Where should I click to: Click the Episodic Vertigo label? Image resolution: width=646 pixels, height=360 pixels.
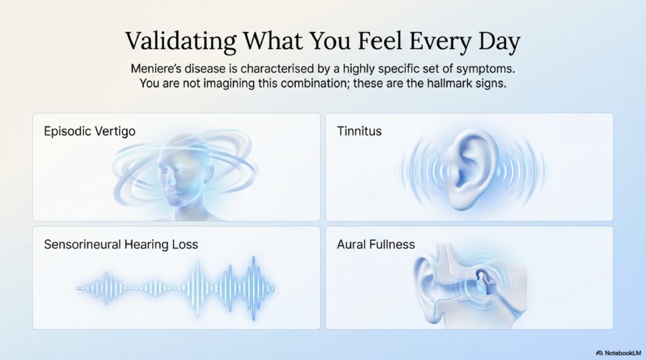tap(89, 131)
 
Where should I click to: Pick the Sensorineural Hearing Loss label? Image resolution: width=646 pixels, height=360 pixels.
tap(120, 244)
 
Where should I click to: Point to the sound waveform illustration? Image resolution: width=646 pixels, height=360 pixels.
tap(177, 287)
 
